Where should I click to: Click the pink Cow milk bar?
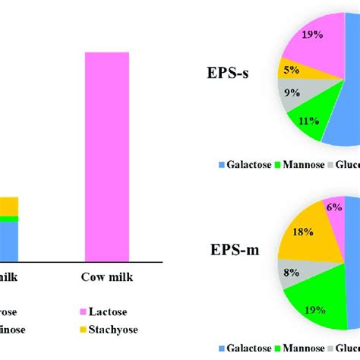point(112,156)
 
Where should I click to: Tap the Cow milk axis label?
point(107,276)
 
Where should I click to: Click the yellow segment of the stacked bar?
point(8,206)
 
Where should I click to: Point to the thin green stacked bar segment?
point(8,218)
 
